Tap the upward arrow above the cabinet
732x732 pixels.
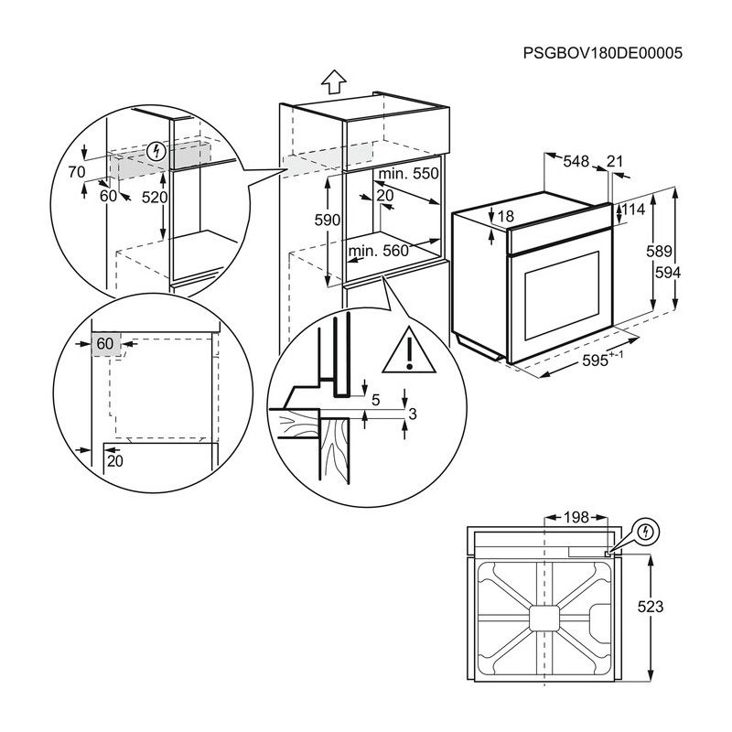point(335,82)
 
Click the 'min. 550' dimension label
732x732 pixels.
point(409,174)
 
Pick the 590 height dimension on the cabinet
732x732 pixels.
point(327,221)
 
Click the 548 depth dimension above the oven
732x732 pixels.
point(575,162)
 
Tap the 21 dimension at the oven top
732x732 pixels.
point(615,162)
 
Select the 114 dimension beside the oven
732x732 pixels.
point(633,210)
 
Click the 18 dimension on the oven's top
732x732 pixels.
point(507,217)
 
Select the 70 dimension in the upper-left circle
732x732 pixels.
point(76,172)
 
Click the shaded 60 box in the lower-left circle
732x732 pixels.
point(107,344)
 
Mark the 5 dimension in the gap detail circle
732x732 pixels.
point(375,399)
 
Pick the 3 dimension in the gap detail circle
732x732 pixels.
point(412,414)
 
